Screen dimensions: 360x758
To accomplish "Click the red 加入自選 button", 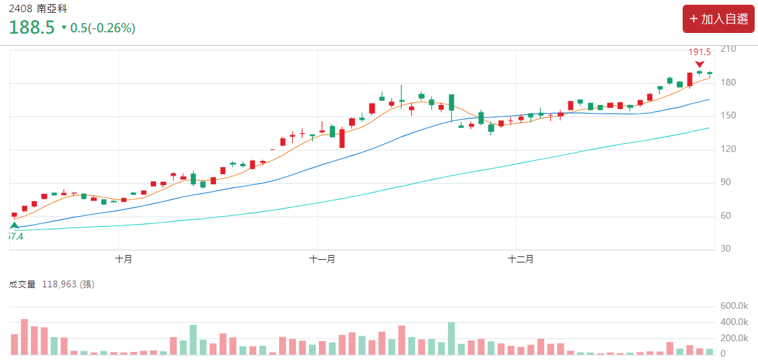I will click(x=718, y=19).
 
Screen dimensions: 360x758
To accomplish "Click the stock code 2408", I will click(x=20, y=9).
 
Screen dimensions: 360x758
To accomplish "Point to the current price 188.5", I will click(x=32, y=28).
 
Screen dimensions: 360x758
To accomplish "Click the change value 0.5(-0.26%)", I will click(x=102, y=28).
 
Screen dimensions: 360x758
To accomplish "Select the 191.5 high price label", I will click(x=699, y=52).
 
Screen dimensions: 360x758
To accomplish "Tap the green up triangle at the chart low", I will click(x=14, y=225).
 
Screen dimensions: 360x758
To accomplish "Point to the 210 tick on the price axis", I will click(x=728, y=49).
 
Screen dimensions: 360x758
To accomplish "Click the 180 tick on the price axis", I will click(x=728, y=83).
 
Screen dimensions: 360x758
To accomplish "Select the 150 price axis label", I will click(x=728, y=116).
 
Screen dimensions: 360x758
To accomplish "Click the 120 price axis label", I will click(x=728, y=149).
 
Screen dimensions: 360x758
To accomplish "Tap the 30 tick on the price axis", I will click(x=726, y=249).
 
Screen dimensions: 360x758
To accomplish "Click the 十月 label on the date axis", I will click(x=123, y=259).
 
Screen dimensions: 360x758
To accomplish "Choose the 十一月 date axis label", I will click(x=322, y=259).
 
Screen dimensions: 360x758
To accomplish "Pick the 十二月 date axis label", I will click(x=521, y=259).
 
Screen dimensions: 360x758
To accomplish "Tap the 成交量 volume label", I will click(x=22, y=284).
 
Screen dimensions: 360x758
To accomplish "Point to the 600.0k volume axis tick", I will click(x=734, y=306).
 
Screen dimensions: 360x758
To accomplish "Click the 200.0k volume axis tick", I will click(x=734, y=338).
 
